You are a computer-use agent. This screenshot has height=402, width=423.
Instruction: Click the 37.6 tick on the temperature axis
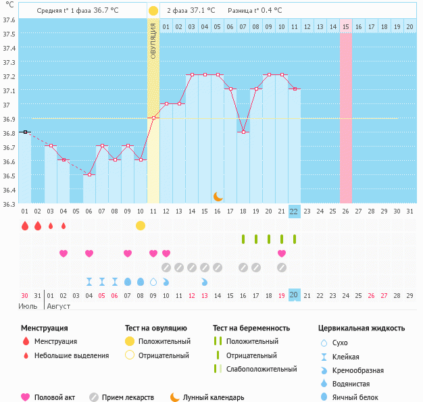point(9,20)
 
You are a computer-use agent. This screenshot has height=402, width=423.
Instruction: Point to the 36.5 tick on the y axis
point(9,176)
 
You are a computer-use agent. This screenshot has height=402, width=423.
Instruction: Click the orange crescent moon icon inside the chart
point(218,196)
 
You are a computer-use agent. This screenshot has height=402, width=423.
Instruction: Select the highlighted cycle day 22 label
point(294,211)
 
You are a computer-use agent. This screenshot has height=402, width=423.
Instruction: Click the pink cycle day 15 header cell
point(346,26)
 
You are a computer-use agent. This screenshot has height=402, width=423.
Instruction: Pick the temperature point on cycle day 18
point(243,132)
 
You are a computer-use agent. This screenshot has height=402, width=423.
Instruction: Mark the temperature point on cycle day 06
point(89,174)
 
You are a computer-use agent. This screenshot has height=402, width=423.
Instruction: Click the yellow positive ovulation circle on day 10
point(141,225)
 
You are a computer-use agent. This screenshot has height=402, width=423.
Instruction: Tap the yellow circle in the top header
point(153,11)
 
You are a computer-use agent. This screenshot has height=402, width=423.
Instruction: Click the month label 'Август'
point(59,306)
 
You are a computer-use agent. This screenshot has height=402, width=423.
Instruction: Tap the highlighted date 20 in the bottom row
point(294,295)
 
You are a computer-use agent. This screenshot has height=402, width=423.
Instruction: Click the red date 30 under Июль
point(24,295)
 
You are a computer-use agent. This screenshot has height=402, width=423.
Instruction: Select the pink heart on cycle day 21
point(282,253)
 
